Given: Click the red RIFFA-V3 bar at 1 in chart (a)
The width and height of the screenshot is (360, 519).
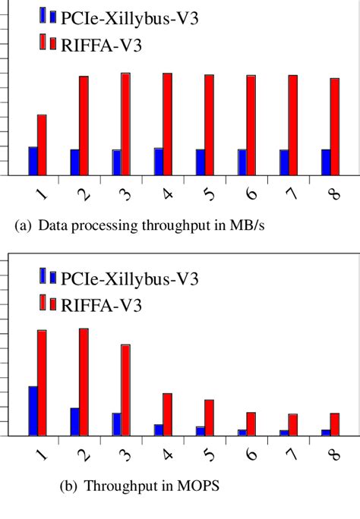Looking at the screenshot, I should [42, 145].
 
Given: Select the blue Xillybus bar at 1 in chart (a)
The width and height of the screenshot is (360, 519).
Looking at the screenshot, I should [33, 161].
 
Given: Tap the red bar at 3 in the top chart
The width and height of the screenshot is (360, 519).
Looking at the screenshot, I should [125, 124].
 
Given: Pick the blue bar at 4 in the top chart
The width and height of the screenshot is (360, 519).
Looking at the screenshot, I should [158, 162].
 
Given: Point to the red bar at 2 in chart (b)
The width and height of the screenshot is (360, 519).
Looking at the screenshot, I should [84, 382].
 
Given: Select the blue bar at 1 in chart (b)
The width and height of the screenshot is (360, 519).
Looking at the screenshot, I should [33, 410].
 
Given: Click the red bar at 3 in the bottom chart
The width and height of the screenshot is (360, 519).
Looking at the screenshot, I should [125, 390].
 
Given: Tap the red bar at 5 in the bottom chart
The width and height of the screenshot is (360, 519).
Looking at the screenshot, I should [209, 417].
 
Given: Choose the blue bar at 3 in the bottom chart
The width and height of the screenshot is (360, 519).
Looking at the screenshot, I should [116, 424].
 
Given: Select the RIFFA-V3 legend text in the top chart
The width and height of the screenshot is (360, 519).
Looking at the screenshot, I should [105, 46].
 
